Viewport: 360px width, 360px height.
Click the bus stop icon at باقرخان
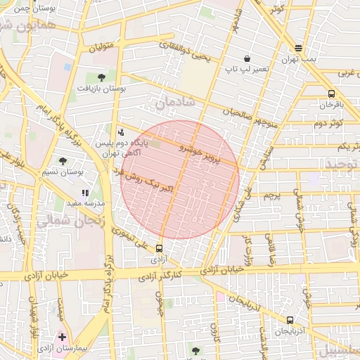coord(331,94)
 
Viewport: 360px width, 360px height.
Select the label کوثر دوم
coord(328,123)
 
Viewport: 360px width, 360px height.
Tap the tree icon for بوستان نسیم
coord(63,161)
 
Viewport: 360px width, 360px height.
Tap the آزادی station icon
coord(159,248)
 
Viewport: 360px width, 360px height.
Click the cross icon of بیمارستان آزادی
coord(63,337)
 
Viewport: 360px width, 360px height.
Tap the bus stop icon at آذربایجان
coord(290,320)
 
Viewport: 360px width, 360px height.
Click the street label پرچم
coord(271,195)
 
